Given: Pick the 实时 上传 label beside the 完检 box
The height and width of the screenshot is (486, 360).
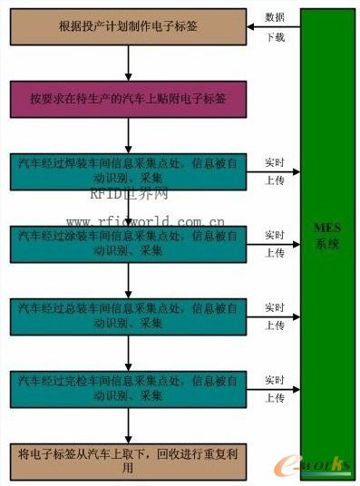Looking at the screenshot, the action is (x=275, y=386).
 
